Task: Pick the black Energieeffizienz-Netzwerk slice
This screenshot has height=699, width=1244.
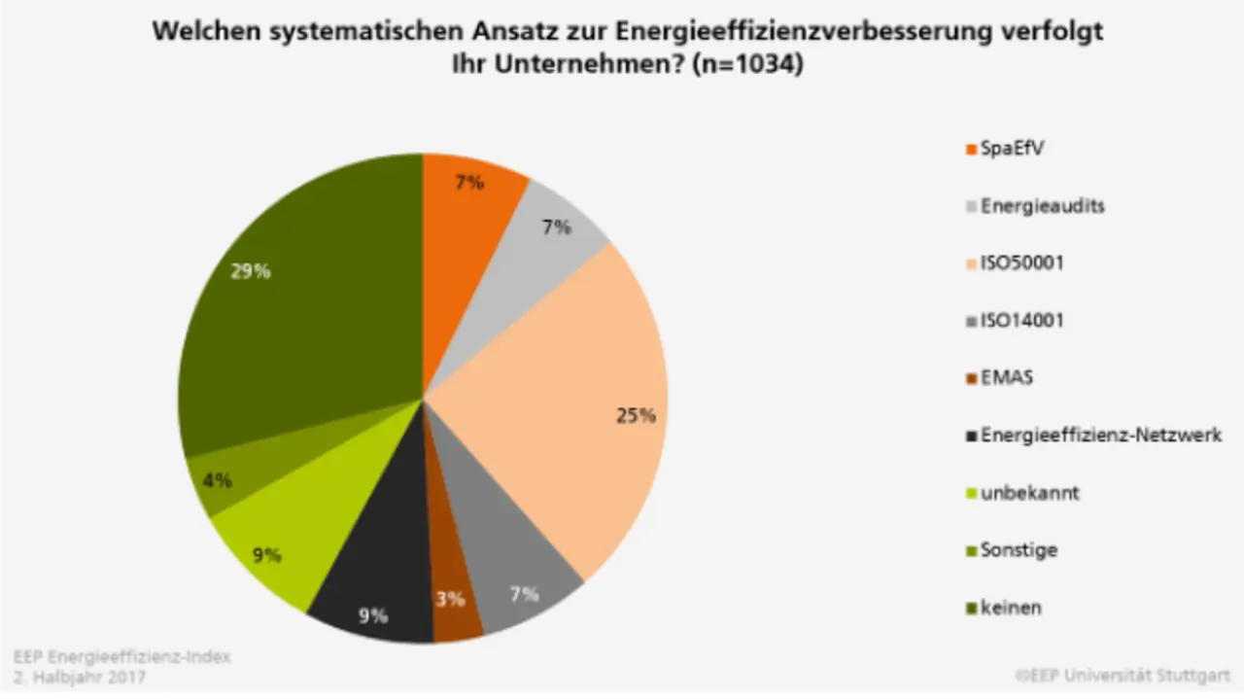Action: click(x=374, y=583)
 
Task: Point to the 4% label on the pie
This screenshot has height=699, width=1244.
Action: click(x=216, y=479)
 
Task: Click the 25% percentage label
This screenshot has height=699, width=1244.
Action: click(x=636, y=415)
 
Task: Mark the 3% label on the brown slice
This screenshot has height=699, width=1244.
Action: click(x=450, y=599)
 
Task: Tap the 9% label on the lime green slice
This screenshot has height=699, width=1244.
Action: click(x=266, y=555)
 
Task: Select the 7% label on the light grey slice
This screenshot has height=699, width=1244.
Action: click(x=557, y=227)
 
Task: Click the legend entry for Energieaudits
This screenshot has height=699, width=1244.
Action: click(x=1043, y=206)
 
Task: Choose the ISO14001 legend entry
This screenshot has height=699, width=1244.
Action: click(x=1021, y=320)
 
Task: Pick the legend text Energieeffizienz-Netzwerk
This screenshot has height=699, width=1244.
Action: click(x=1101, y=435)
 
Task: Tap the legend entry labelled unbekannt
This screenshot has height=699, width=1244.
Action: click(x=1030, y=492)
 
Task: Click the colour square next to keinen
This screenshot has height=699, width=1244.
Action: click(x=970, y=608)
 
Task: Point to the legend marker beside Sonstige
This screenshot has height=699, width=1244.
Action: click(x=970, y=550)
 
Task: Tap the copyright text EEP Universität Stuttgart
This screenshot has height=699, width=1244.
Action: click(x=1129, y=675)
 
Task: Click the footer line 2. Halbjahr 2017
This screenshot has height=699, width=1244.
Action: click(x=80, y=677)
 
